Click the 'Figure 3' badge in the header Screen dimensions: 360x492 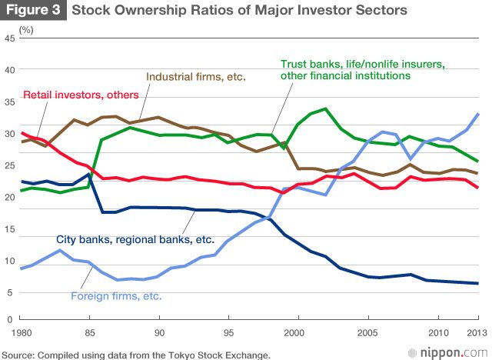coord(32,11)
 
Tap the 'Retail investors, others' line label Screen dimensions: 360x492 coord(81,95)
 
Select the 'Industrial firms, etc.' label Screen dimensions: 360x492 coord(194,77)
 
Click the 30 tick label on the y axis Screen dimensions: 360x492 coord(8,133)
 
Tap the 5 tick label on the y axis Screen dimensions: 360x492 coord(11,292)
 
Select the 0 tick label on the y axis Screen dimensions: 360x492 coord(11,318)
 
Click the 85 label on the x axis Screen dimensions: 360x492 coord(90,332)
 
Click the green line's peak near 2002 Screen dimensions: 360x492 coord(326,108)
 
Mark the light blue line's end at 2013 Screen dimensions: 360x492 coord(478,114)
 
